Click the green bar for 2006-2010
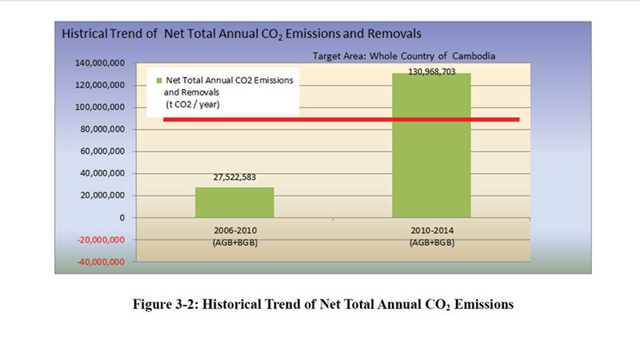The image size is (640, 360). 234,202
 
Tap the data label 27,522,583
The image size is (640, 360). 234,180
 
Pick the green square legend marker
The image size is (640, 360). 158,81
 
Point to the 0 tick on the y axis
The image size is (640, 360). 122,218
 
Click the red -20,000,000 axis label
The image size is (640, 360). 99,240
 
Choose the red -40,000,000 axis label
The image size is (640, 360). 99,262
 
